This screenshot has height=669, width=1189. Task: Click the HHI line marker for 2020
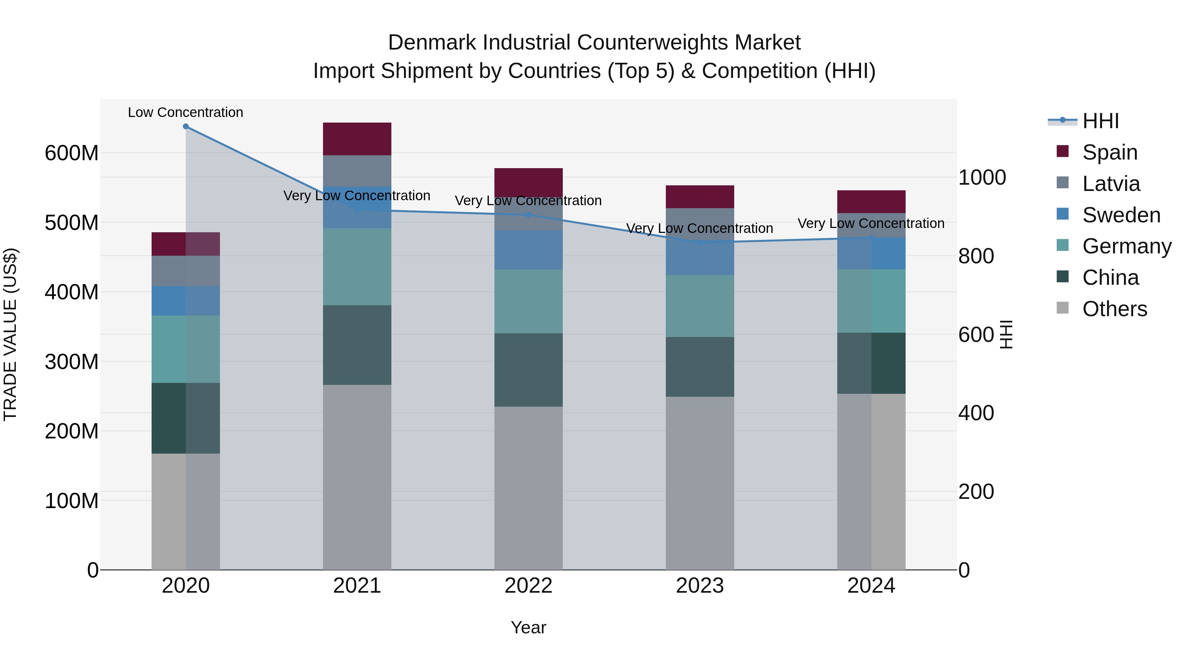pyautogui.click(x=186, y=127)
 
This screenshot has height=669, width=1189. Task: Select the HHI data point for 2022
pyautogui.click(x=528, y=215)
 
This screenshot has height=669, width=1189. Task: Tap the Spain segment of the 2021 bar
pyautogui.click(x=357, y=139)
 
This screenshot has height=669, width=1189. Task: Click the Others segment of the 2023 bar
pyautogui.click(x=700, y=483)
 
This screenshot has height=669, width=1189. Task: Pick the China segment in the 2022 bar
pyautogui.click(x=528, y=370)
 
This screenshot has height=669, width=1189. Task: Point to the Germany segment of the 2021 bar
pyautogui.click(x=357, y=267)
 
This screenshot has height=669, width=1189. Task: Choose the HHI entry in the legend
pyautogui.click(x=1100, y=121)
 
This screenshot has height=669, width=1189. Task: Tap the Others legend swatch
pyautogui.click(x=1063, y=308)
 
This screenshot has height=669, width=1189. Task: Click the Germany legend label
pyautogui.click(x=1127, y=246)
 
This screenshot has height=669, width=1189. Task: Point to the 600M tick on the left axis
pyautogui.click(x=72, y=153)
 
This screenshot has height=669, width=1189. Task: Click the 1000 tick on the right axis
pyautogui.click(x=982, y=177)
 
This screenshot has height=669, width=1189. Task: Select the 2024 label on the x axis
pyautogui.click(x=871, y=586)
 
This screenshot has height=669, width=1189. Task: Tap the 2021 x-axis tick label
pyautogui.click(x=357, y=586)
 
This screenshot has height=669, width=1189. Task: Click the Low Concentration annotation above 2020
pyautogui.click(x=186, y=112)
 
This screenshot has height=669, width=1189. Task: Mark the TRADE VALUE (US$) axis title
pyautogui.click(x=10, y=334)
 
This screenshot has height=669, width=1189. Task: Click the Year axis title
pyautogui.click(x=528, y=627)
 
